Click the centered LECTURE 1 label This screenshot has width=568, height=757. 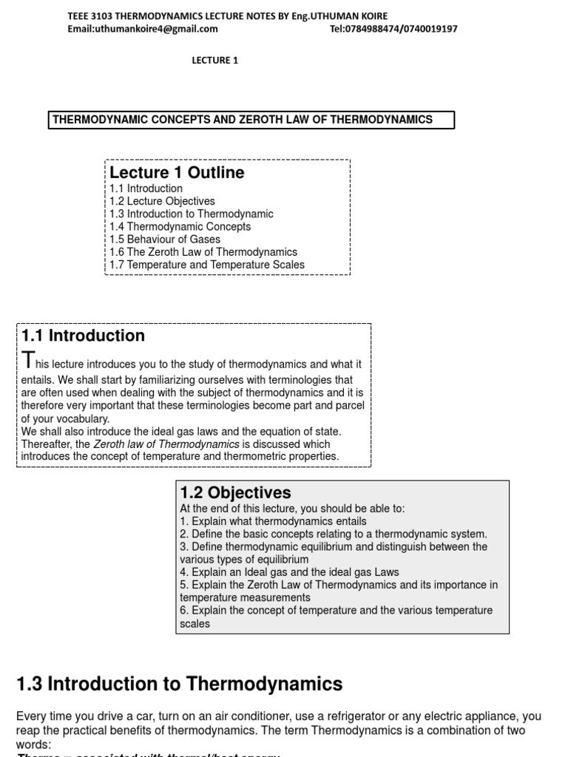[215, 61]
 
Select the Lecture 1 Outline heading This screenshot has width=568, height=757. [177, 173]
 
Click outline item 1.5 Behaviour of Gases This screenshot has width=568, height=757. [165, 240]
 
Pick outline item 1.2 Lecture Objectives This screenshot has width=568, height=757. [162, 201]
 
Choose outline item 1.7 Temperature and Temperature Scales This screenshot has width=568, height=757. [207, 265]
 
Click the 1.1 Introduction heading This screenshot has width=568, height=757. [83, 336]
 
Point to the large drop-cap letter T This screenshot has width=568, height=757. [28, 361]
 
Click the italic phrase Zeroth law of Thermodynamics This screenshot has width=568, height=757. [166, 444]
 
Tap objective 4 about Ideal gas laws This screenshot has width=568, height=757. [289, 572]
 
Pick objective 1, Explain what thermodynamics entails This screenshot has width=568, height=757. [273, 521]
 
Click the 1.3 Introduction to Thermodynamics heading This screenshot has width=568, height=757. [179, 685]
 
